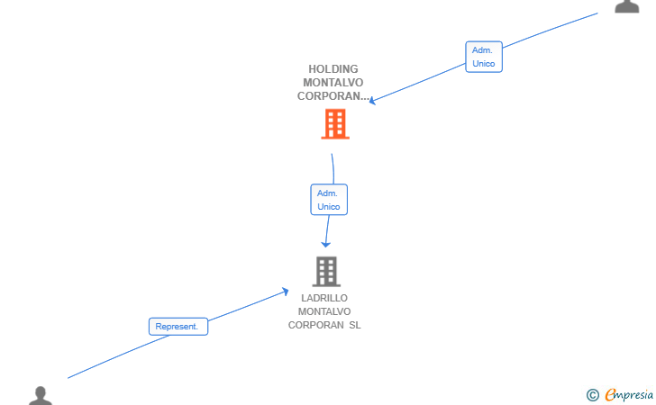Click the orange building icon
pyautogui.click(x=335, y=123)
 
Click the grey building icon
pyautogui.click(x=326, y=271)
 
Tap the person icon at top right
pyautogui.click(x=627, y=6)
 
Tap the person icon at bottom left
pyautogui.click(x=41, y=396)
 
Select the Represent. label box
pyautogui.click(x=178, y=327)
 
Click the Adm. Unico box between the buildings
pyautogui.click(x=329, y=200)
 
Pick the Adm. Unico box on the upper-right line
pyautogui.click(x=484, y=57)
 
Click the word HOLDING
pyautogui.click(x=333, y=69)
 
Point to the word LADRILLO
pyautogui.click(x=324, y=298)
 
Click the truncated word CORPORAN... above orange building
pyautogui.click(x=333, y=96)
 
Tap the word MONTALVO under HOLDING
pyautogui.click(x=333, y=82)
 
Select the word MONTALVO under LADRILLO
pyautogui.click(x=324, y=311)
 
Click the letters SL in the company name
pyautogui.click(x=355, y=325)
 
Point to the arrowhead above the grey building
pyautogui.click(x=325, y=244)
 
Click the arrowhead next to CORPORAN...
pyautogui.click(x=372, y=101)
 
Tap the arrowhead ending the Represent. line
pyautogui.click(x=286, y=292)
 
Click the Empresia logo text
pyautogui.click(x=629, y=394)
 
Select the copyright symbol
pyautogui.click(x=592, y=395)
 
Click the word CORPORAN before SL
pyautogui.click(x=316, y=325)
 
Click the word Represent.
pyautogui.click(x=177, y=327)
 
